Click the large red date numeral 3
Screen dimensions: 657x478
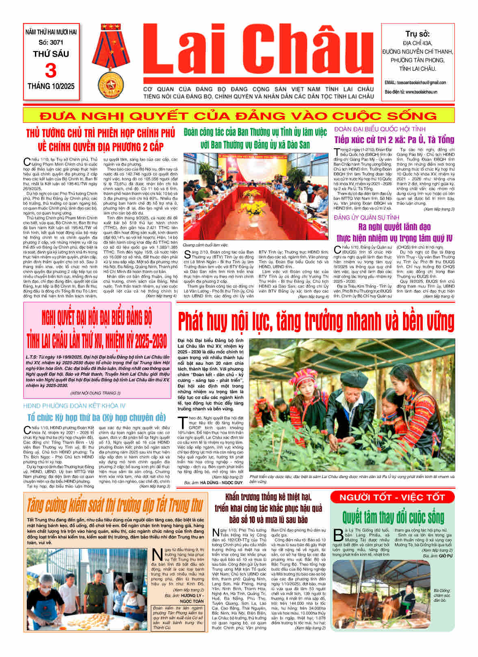coord(51,71)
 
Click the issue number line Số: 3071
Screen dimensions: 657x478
coord(51,42)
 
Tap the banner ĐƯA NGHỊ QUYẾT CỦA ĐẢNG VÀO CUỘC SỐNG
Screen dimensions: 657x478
coord(238,116)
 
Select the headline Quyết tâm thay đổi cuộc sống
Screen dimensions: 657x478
coord(393,517)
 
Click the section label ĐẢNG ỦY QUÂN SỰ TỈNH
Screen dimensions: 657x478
coord(366,218)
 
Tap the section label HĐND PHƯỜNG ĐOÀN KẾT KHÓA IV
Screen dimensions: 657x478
coord(74,406)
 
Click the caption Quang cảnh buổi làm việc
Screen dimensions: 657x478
coord(205,245)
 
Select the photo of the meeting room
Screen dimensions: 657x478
coord(256,196)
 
